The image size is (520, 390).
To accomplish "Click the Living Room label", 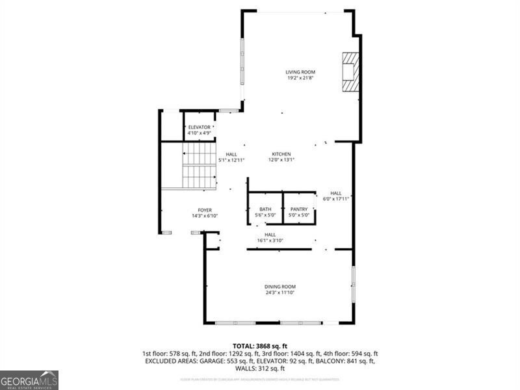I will pyautogui.click(x=300, y=72).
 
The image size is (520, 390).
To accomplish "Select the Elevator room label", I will pyautogui.click(x=200, y=127).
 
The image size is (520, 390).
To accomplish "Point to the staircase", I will pyautogui.click(x=198, y=165).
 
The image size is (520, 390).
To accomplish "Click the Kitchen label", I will pyautogui.click(x=281, y=154).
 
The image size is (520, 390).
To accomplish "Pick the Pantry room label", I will pyautogui.click(x=299, y=209).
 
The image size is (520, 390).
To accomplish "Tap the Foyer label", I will pyautogui.click(x=205, y=210).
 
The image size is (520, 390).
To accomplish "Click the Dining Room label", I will pyautogui.click(x=280, y=287).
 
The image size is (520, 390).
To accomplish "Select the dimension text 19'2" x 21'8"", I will pyautogui.click(x=300, y=79).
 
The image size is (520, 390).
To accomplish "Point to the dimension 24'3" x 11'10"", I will pyautogui.click(x=280, y=293).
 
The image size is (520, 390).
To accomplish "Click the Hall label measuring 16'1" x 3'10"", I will pyautogui.click(x=270, y=234).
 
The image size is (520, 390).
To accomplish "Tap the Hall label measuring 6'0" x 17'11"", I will pyautogui.click(x=335, y=193).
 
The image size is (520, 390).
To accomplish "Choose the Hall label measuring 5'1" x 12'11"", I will pyautogui.click(x=231, y=154).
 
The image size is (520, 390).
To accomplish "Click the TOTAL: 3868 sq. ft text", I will pyautogui.click(x=260, y=346).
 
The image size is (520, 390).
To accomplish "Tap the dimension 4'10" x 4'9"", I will pyautogui.click(x=200, y=133).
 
